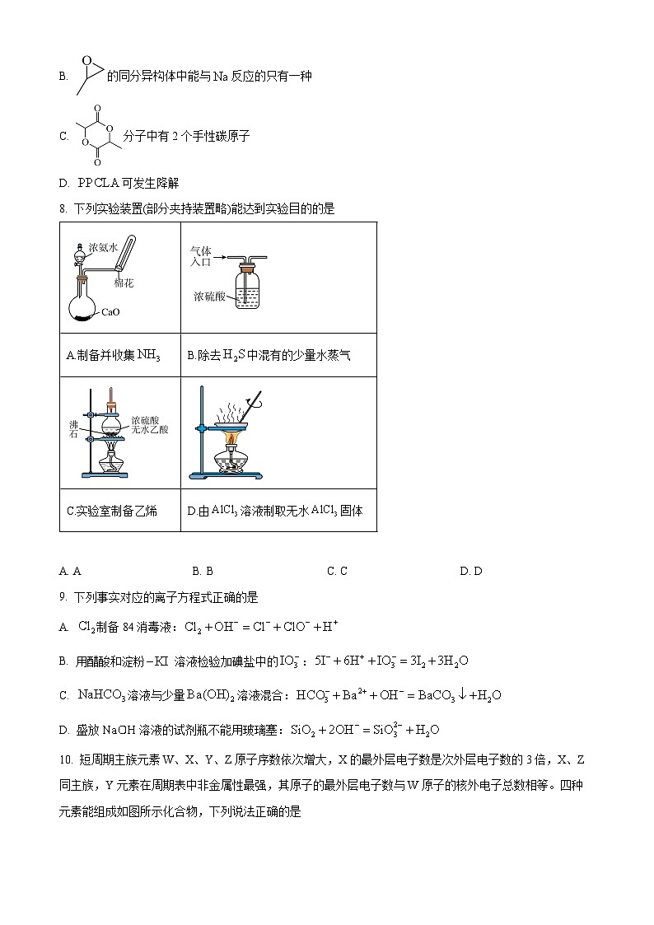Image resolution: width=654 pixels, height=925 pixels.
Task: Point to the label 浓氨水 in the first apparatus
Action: coord(104,245)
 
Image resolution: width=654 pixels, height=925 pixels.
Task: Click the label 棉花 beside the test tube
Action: coord(124,283)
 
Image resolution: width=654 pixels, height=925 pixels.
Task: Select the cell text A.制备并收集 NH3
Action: coord(113,356)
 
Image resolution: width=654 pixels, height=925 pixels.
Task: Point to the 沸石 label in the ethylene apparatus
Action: coord(74,429)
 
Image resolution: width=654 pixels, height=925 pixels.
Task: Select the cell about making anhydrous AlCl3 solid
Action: coord(275,511)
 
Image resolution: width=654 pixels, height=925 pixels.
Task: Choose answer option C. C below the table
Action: coord(337,571)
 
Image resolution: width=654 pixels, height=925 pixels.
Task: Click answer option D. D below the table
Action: coord(470,571)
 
